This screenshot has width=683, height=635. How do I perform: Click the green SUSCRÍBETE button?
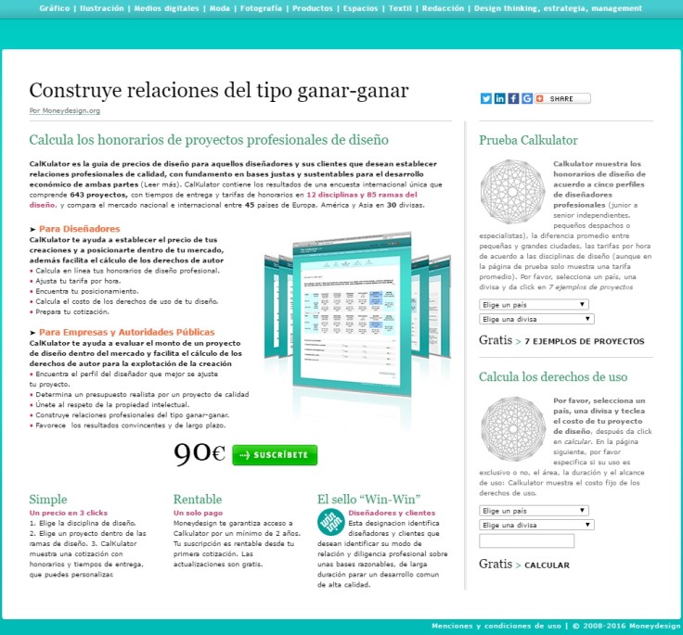pyautogui.click(x=275, y=455)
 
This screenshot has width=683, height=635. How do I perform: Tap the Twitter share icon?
pyautogui.click(x=486, y=98)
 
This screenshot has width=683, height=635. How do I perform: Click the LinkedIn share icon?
pyautogui.click(x=500, y=98)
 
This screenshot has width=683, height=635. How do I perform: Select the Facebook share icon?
pyautogui.click(x=513, y=98)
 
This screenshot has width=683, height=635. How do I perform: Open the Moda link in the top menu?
pyautogui.click(x=220, y=7)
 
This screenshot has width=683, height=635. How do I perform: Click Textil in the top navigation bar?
pyautogui.click(x=401, y=7)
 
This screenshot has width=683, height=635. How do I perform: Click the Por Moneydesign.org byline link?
pyautogui.click(x=64, y=110)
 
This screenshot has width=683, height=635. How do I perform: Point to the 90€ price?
pyautogui.click(x=200, y=453)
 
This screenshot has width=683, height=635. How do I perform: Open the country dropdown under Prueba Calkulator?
pyautogui.click(x=535, y=303)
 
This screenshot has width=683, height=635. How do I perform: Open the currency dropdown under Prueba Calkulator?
pyautogui.click(x=536, y=318)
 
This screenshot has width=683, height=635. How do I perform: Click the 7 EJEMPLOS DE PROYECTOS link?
pyautogui.click(x=584, y=341)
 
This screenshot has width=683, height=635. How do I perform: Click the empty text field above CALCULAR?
pyautogui.click(x=526, y=540)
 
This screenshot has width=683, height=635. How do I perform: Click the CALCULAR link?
pyautogui.click(x=547, y=565)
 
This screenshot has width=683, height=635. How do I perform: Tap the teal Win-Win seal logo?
pyautogui.click(x=329, y=522)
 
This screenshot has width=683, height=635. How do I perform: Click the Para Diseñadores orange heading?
pyautogui.click(x=79, y=228)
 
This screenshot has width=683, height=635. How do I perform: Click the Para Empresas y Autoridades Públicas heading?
pyautogui.click(x=126, y=332)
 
